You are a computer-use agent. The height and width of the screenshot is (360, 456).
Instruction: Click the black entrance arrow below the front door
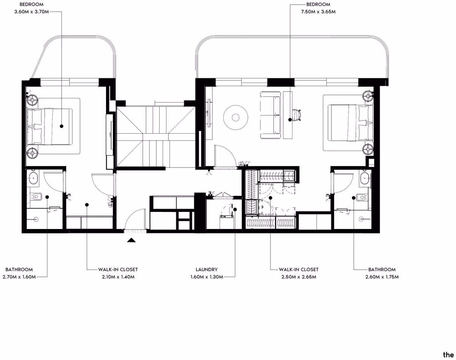coord(131,240)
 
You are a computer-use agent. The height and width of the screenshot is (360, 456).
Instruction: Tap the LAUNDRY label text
coord(207,270)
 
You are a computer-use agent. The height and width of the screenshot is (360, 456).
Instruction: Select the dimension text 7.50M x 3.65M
coord(318,12)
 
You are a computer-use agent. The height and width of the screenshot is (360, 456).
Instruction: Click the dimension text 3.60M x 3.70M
coord(32,12)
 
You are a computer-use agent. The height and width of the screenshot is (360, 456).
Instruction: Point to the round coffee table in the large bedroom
coord(236,117)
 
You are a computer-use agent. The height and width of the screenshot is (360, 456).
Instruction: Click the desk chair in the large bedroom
coord(296,115)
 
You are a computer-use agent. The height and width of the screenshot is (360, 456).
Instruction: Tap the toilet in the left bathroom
coord(36,197)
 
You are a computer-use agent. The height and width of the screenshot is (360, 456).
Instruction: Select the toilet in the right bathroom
coord(361,197)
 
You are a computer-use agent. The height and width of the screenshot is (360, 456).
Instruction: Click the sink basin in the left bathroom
coord(33,178)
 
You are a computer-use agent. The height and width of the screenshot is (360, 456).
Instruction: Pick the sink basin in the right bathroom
coord(365,178)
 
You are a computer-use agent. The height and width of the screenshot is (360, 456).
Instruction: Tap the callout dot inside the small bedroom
coord(62,126)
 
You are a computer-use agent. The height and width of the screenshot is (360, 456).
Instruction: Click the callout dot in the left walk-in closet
coord(87,205)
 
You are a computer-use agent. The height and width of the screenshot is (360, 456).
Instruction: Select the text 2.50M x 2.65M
coord(299,277)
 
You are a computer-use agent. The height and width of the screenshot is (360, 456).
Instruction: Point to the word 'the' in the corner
coord(448,355)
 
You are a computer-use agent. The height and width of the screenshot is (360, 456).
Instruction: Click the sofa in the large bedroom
coord(270,115)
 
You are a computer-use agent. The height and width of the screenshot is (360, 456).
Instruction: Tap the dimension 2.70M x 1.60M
coord(19,277)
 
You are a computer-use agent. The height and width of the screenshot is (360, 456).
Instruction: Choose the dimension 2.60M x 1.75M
coord(382,277)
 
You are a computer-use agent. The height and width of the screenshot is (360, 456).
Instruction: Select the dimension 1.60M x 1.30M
coord(207,277)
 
